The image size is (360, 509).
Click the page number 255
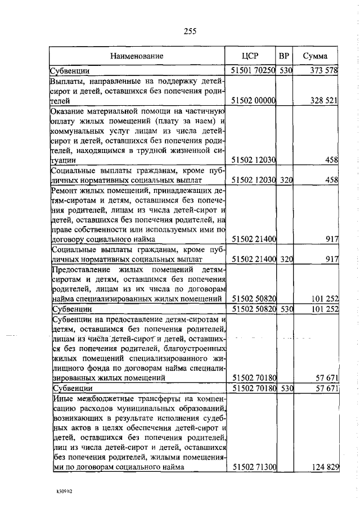click(190, 31)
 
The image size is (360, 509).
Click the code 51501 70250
click(253, 70)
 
